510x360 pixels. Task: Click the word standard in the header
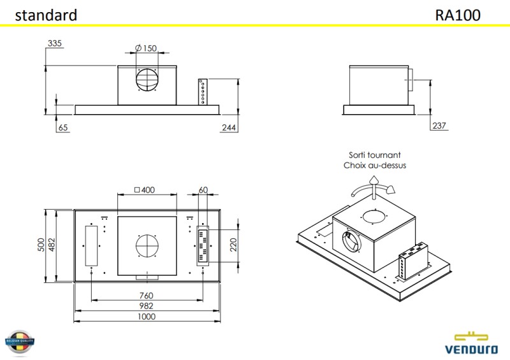pos(46,15)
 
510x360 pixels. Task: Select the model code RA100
pos(458,15)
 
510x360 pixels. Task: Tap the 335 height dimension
pos(55,43)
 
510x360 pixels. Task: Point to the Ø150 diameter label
pos(146,48)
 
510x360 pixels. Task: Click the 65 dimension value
pos(62,127)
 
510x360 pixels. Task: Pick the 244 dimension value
pos(229,127)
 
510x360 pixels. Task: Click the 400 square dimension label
pos(146,190)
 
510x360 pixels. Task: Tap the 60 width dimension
pos(203,190)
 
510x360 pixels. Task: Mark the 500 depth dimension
pos(41,245)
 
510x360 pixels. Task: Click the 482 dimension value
pos(52,245)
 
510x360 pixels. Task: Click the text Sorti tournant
pos(375,155)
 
